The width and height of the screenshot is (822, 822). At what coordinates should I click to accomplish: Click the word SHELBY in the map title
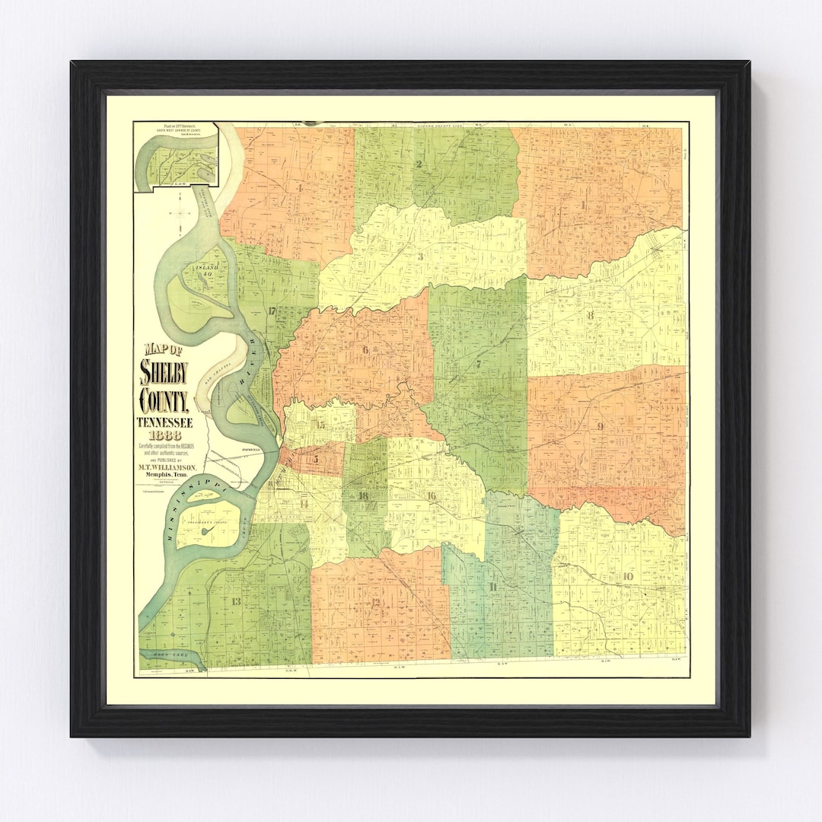point(164,373)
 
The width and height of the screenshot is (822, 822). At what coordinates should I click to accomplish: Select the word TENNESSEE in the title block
point(164,422)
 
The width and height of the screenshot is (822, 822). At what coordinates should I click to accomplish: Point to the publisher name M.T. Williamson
point(168,467)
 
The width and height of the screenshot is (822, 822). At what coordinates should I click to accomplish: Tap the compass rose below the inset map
point(180,212)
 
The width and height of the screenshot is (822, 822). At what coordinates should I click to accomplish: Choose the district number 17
point(271,310)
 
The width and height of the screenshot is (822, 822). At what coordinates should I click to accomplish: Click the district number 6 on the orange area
point(366,350)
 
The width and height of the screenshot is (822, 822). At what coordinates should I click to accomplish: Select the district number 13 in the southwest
point(236,601)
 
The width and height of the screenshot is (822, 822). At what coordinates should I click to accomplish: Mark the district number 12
point(375,602)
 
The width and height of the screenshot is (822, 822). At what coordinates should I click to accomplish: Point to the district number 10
point(627,576)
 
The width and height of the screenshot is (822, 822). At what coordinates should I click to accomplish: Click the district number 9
point(601,426)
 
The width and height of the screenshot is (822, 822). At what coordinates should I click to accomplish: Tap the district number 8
point(590,315)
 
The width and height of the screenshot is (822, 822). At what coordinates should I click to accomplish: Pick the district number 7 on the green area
point(478,363)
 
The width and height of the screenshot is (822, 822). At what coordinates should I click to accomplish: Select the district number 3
point(420,256)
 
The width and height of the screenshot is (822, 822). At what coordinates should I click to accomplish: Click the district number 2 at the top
point(419,164)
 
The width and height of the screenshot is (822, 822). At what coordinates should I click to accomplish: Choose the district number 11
point(493,586)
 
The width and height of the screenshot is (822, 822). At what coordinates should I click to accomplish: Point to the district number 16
point(431,496)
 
